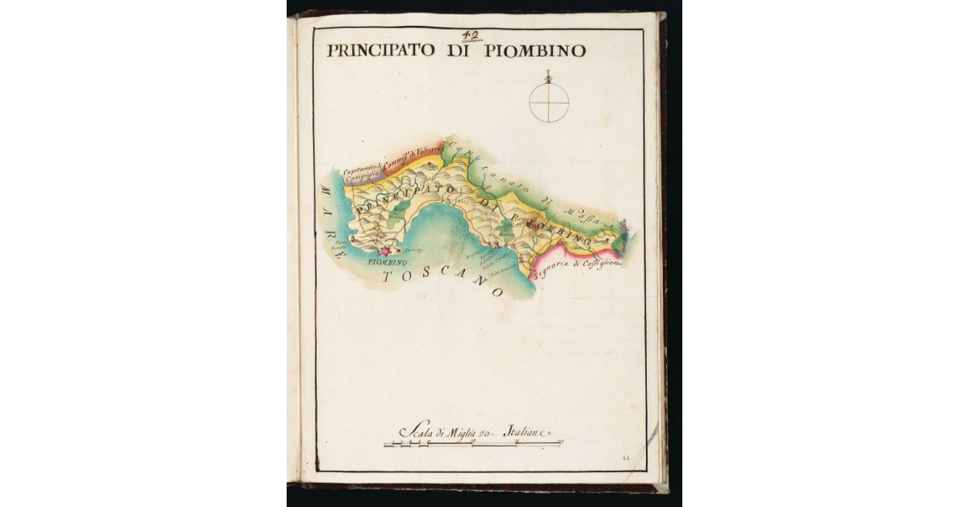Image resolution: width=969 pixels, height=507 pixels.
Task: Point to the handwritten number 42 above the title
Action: tap(471, 35)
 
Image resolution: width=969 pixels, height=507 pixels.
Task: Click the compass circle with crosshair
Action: tap(549, 103)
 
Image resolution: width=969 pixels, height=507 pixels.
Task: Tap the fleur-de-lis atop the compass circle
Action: tap(549, 78)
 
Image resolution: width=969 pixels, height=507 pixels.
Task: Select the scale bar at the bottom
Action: tap(473, 443)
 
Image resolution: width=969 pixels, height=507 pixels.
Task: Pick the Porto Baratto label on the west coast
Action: tap(341, 243)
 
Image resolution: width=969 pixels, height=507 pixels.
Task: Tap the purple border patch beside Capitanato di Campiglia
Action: tap(353, 182)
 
